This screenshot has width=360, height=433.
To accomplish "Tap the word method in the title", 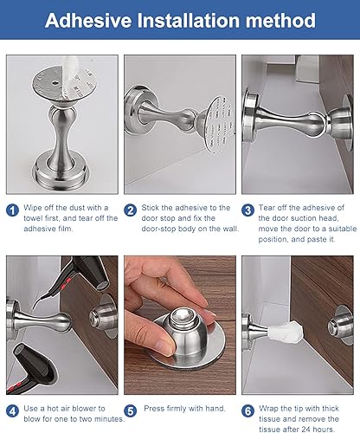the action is [280, 20].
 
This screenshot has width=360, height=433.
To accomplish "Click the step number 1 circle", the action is [12, 210].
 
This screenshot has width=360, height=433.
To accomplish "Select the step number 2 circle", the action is [131, 210].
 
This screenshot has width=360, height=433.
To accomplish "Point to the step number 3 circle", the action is [247, 210].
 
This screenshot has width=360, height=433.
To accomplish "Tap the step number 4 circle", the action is [12, 410].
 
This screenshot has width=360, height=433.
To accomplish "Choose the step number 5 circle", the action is [131, 410].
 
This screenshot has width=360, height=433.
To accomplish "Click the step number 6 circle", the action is [247, 410].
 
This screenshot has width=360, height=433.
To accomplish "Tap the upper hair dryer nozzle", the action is [101, 284].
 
